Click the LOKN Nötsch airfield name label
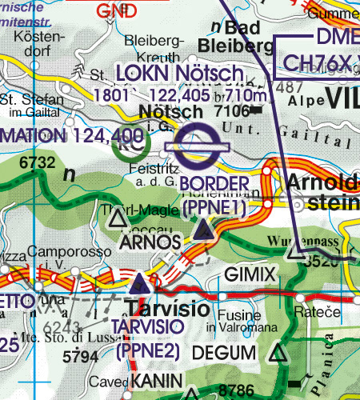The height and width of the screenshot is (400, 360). tap(178, 74)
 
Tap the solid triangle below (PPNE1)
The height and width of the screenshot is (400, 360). tap(204, 232)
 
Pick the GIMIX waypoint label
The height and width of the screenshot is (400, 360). tap(250, 274)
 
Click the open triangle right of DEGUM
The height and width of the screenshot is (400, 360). tap(278, 353)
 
